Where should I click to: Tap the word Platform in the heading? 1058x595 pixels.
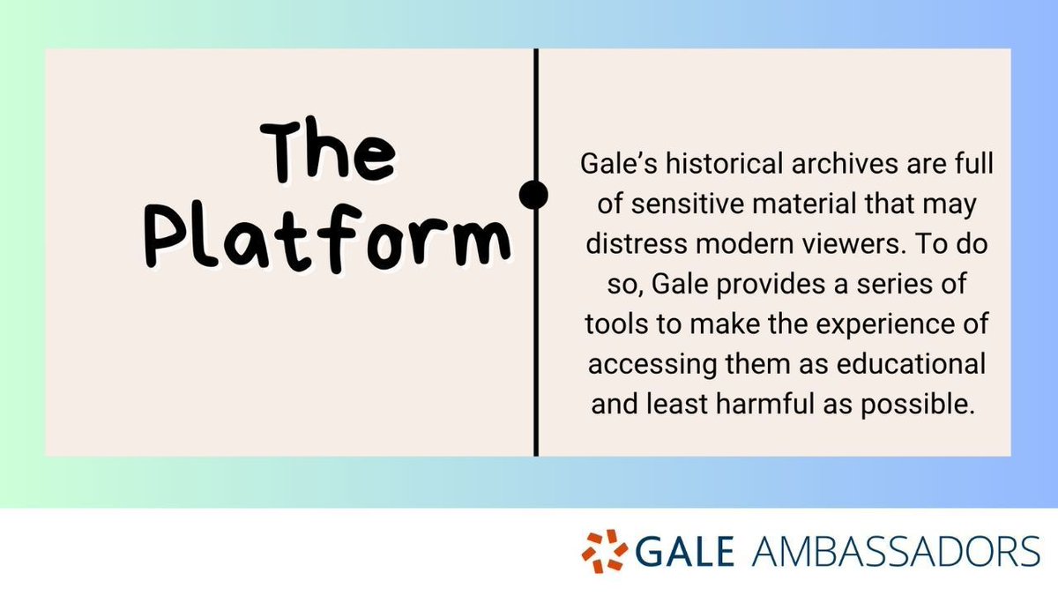coord(326,236)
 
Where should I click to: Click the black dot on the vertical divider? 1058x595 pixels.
coord(534,195)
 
